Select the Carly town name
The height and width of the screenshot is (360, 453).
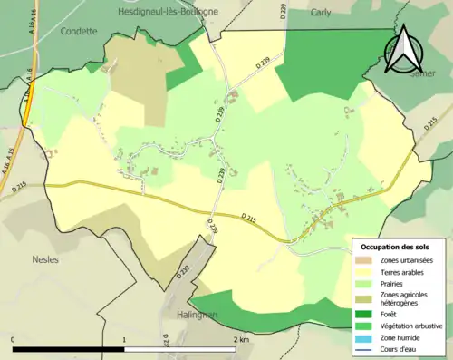(321, 13)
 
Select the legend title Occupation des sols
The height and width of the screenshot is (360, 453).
(396, 247)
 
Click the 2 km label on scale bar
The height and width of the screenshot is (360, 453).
(240, 339)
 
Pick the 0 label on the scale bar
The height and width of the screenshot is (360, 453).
(14, 339)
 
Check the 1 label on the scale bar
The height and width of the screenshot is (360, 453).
(125, 339)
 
